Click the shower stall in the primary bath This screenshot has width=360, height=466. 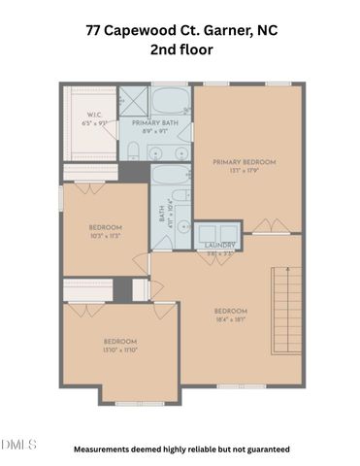click(132, 100)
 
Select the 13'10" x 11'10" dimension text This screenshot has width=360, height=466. click(121, 349)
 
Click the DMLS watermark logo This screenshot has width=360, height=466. click(18, 445)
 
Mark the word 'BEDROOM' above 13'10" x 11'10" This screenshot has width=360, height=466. click(121, 341)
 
